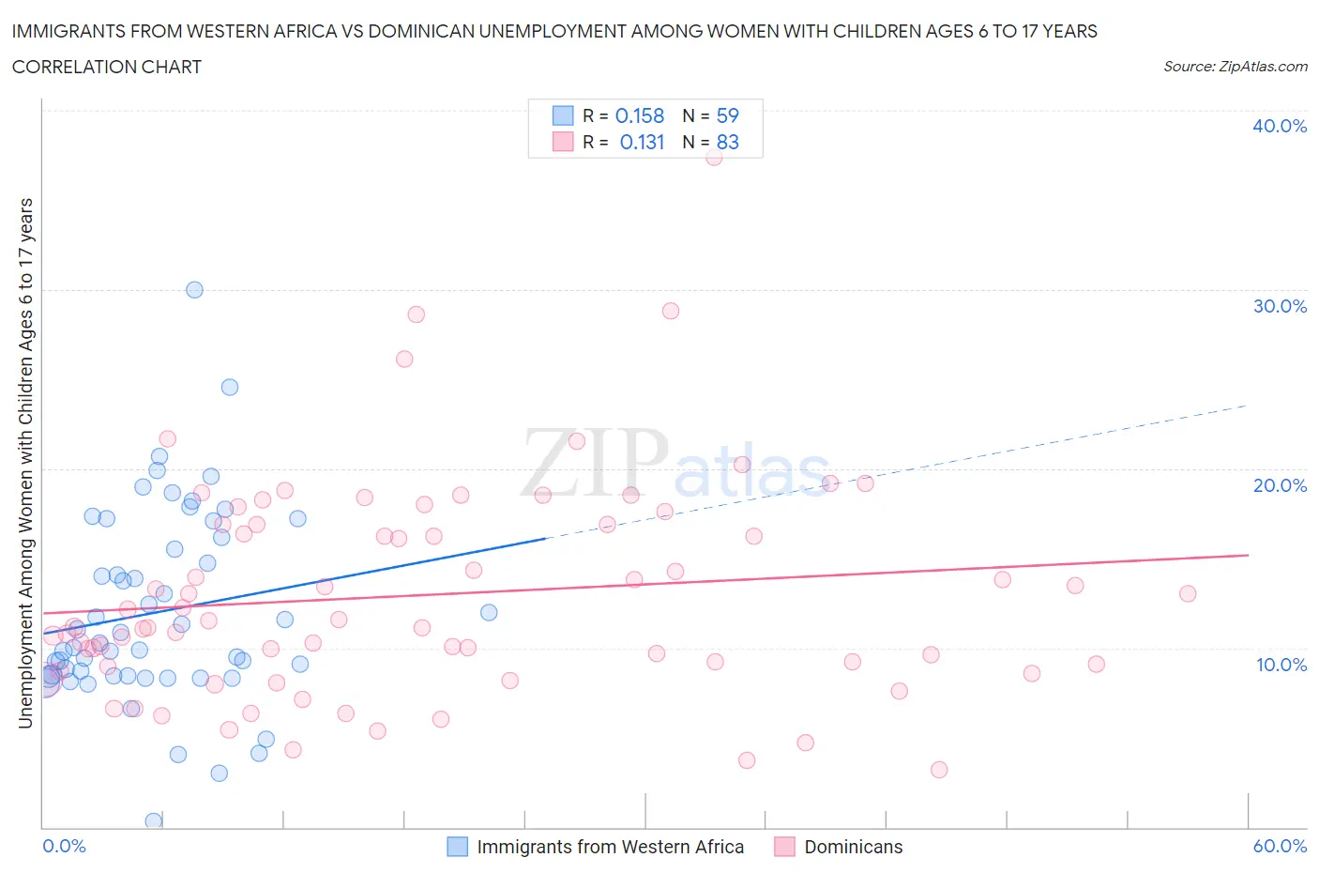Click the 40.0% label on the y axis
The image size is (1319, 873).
1279,126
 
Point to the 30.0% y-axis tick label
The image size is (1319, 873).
1279,306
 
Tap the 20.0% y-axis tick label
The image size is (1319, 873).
1279,485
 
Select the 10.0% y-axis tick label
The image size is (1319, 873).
1279,665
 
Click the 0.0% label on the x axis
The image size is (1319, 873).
64,846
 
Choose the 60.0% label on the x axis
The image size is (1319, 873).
1279,846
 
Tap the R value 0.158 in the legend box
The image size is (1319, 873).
639,115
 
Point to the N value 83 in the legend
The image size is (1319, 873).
727,142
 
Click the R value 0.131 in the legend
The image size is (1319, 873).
642,142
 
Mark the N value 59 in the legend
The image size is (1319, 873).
727,115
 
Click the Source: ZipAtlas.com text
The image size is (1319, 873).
1235,66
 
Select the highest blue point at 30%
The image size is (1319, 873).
194,290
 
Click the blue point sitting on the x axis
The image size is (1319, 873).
154,820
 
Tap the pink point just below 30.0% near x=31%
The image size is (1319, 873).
670,311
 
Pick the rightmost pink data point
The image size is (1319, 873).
1187,593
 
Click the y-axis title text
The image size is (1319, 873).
25,463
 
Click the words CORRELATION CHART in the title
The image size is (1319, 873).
107,67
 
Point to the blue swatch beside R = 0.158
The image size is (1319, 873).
562,115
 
